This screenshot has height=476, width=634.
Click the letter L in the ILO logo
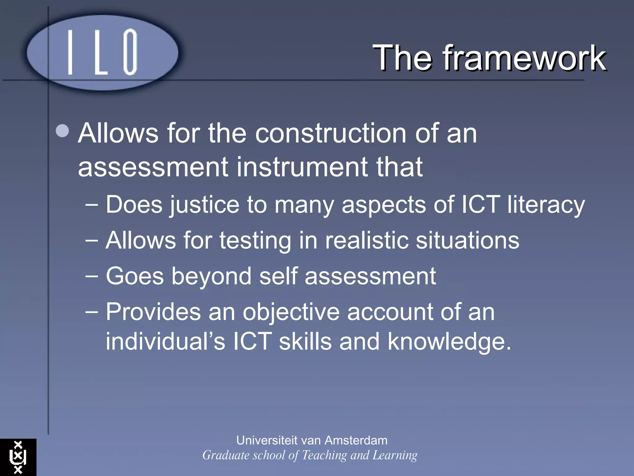pos(101,53)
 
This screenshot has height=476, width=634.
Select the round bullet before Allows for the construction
pos(63,131)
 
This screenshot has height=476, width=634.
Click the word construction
pos(330,133)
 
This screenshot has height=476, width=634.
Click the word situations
pos(467,240)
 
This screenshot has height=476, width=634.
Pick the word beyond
pos(211,277)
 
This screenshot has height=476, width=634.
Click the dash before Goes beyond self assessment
pos(92,275)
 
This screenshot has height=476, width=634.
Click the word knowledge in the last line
pos(449,342)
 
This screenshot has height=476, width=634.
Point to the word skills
pos(305,341)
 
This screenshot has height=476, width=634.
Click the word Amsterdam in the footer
pos(356,440)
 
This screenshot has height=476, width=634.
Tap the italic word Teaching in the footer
pos(324,455)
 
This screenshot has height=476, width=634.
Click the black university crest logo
pos(18,457)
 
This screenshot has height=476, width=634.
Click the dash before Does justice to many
pos(92,205)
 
